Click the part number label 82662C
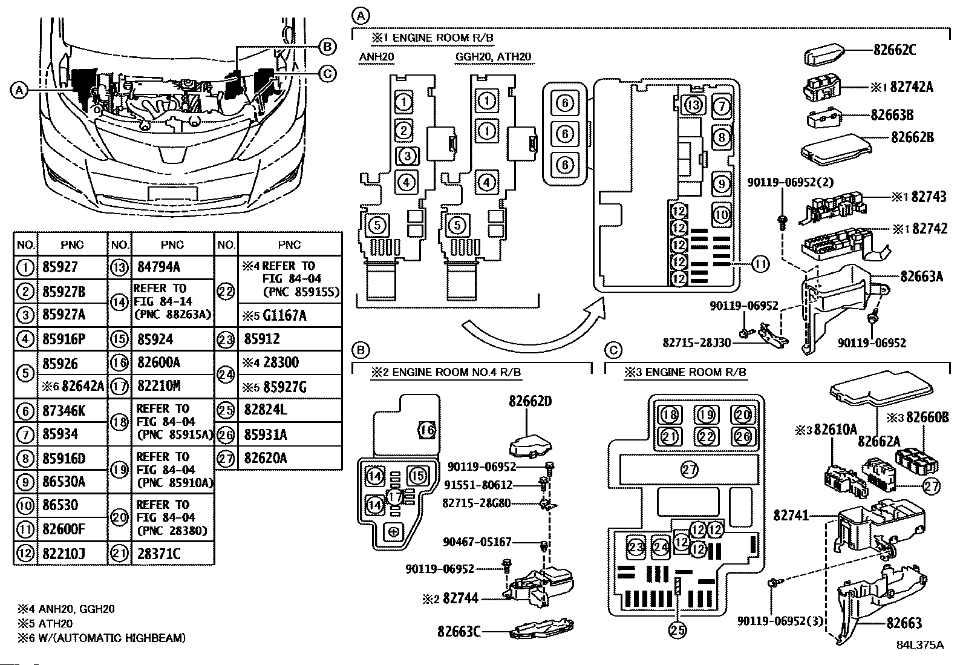tap(894, 50)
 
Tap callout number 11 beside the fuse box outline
tap(760, 264)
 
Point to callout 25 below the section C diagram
tap(677, 630)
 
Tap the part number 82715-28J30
tap(696, 343)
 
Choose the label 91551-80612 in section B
tap(478, 485)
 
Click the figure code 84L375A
tap(920, 645)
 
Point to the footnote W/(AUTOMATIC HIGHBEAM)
tap(112, 638)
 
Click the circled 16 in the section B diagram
tap(427, 430)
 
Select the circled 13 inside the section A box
tap(693, 105)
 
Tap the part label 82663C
tap(459, 632)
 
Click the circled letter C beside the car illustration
tap(328, 74)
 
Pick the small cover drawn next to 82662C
tap(824, 54)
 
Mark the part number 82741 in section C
tap(791, 516)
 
